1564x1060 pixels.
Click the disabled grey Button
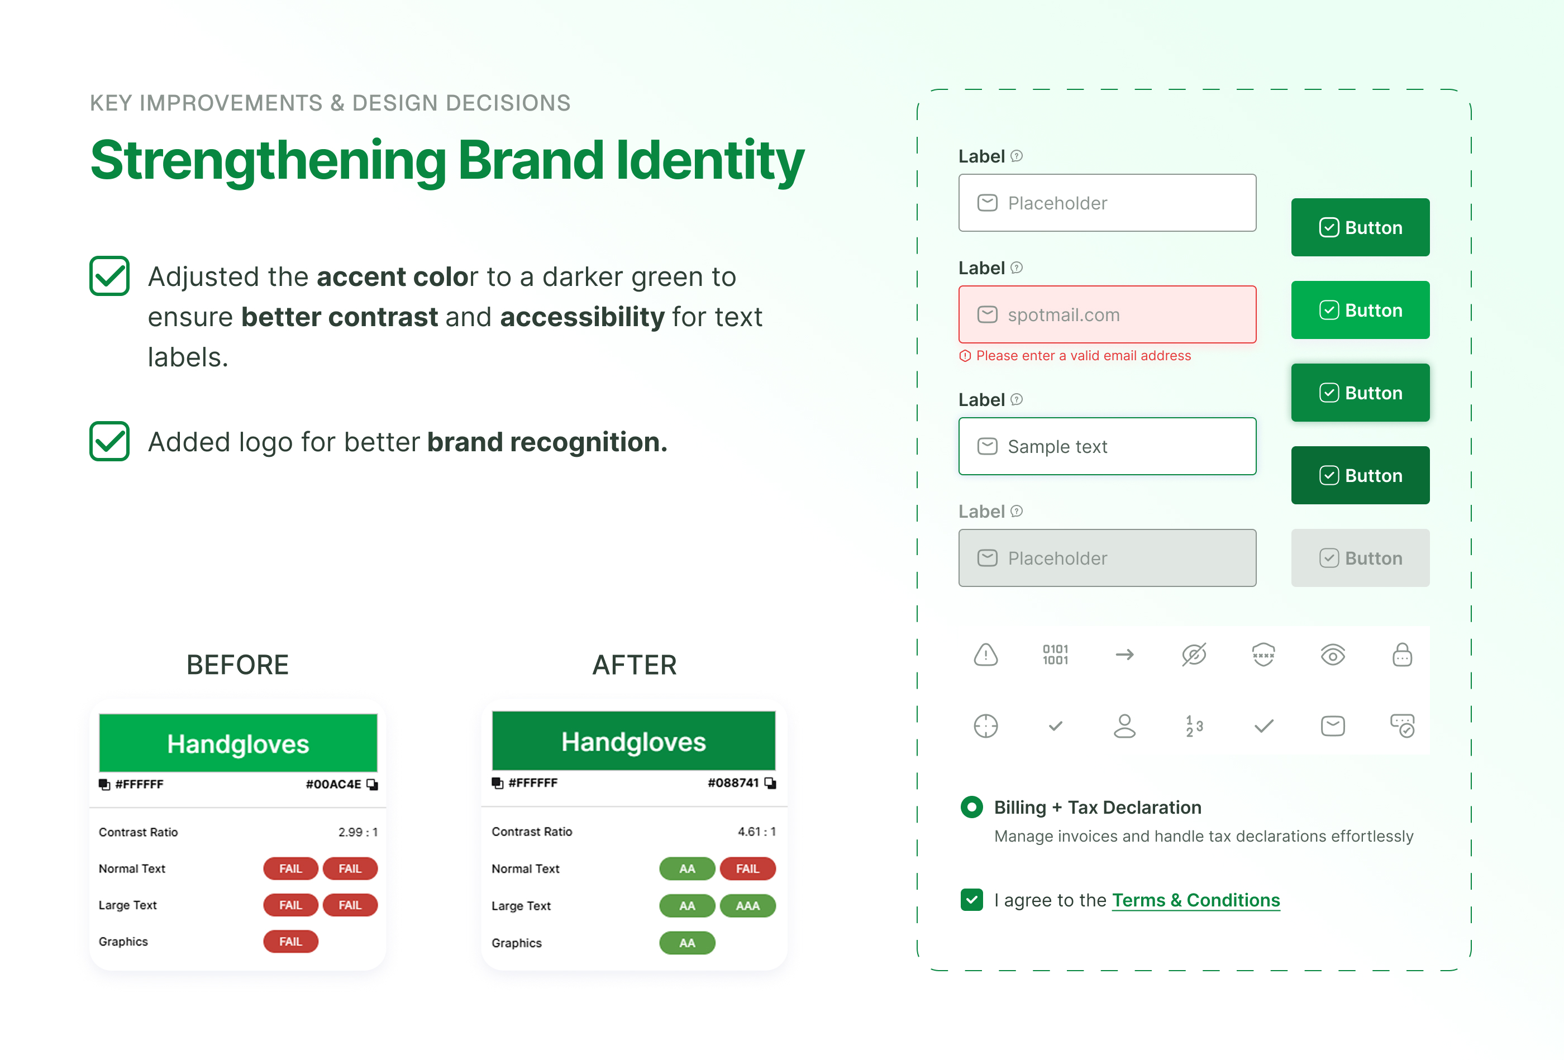tap(1360, 558)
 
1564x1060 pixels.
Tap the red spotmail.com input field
tap(1107, 314)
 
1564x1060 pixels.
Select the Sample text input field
tap(1107, 446)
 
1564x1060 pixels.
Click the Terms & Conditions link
tap(1195, 900)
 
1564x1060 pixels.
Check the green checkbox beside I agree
tap(971, 900)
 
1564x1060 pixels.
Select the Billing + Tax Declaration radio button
tap(971, 807)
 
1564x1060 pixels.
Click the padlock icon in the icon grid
tap(1402, 655)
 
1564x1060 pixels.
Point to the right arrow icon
tap(1124, 655)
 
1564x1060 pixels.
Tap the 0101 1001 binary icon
tap(1055, 655)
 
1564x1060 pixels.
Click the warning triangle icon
tap(985, 655)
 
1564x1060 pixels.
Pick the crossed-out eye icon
tap(1194, 655)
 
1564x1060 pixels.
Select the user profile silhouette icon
tap(1124, 726)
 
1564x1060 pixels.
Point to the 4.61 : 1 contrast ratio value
tap(756, 832)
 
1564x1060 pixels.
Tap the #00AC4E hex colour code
tap(333, 784)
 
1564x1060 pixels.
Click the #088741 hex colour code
tap(733, 783)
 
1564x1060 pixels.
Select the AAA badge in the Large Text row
tap(748, 906)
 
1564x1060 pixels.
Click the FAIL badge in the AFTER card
tap(748, 869)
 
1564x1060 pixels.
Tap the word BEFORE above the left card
tap(237, 665)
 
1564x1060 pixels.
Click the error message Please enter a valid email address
tap(1083, 356)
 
